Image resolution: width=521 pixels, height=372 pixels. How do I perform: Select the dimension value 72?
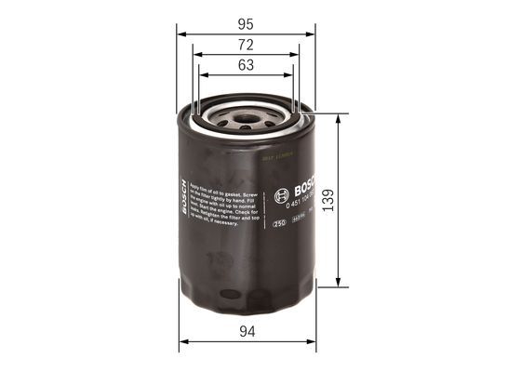pyautogui.click(x=245, y=45)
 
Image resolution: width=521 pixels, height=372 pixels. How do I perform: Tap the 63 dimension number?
pyautogui.click(x=245, y=66)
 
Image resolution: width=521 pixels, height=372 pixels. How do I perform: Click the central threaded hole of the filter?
pyautogui.click(x=246, y=118)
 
